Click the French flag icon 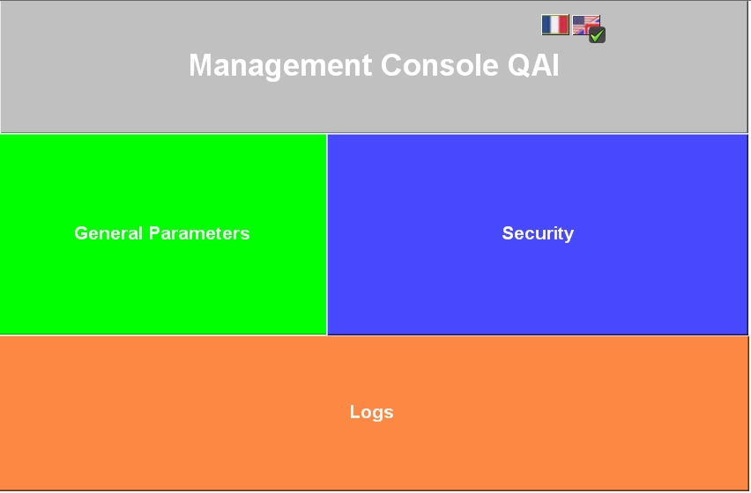(x=555, y=25)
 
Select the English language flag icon (x=586, y=25)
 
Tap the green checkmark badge (x=597, y=35)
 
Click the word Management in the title (x=280, y=65)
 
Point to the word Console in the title (x=439, y=65)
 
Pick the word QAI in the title (x=533, y=65)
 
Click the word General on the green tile (x=108, y=233)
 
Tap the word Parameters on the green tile (x=199, y=233)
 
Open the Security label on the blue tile (x=538, y=233)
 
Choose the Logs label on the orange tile (x=372, y=412)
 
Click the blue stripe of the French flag (x=547, y=25)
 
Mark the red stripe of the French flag (x=564, y=25)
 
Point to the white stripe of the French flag (x=555, y=25)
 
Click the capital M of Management (x=201, y=65)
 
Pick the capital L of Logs (x=355, y=412)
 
